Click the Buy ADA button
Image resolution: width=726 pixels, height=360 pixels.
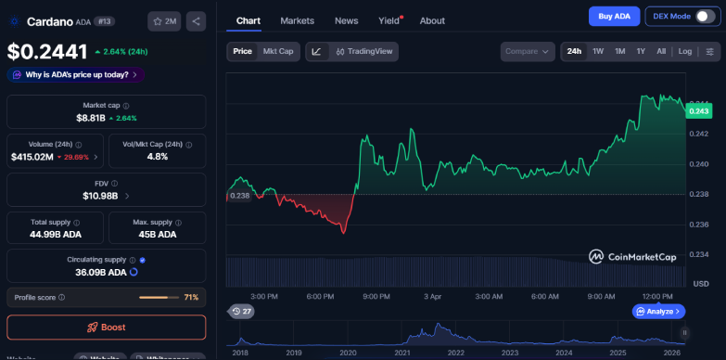[x=614, y=16]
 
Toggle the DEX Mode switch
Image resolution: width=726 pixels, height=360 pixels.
[x=706, y=16]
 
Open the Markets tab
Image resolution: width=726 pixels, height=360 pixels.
[x=297, y=20]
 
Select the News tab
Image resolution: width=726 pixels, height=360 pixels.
[x=346, y=20]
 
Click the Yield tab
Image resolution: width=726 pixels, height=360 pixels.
[x=389, y=20]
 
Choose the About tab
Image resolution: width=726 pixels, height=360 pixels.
[x=432, y=20]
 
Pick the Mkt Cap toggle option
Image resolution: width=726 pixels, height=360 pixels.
[x=278, y=52]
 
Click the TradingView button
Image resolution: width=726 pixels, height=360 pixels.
[x=365, y=52]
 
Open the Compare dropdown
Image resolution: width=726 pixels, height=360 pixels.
[x=528, y=52]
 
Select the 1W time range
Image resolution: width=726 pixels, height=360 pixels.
[x=598, y=52]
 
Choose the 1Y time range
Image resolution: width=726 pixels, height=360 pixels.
[x=641, y=52]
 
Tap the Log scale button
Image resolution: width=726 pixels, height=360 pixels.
[x=684, y=52]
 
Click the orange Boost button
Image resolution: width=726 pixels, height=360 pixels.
[x=107, y=328]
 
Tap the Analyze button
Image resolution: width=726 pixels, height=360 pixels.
[x=658, y=312]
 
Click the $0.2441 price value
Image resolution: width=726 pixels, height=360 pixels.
[x=47, y=53]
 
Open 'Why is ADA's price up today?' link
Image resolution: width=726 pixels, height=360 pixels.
[x=75, y=74]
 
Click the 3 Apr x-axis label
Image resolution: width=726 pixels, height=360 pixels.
[x=432, y=296]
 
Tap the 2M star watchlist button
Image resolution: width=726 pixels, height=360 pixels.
[x=165, y=20]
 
